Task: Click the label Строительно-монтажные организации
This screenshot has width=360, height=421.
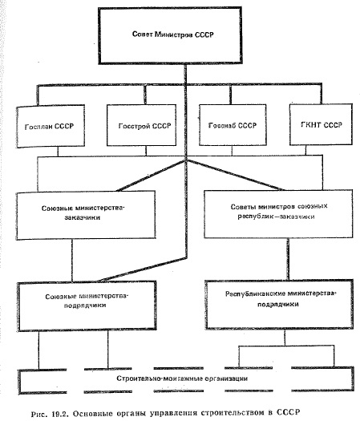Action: pos(182,378)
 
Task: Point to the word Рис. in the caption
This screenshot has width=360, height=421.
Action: pos(39,414)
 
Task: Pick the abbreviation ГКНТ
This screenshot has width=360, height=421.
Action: pos(310,125)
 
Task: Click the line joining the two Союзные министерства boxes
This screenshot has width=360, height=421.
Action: pos(72,260)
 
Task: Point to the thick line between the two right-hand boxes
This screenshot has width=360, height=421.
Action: pos(288,259)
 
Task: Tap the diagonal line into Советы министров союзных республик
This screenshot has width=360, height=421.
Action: pos(234,175)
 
